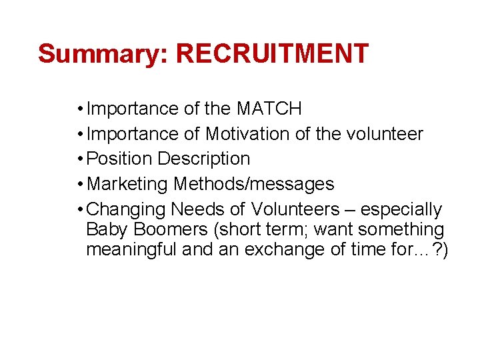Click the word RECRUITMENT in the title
click(x=272, y=54)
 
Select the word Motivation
click(x=247, y=134)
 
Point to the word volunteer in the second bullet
click(x=385, y=134)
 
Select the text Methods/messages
click(x=253, y=184)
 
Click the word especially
click(x=401, y=210)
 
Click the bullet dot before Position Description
click(x=80, y=159)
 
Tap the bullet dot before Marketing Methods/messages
click(x=80, y=184)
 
